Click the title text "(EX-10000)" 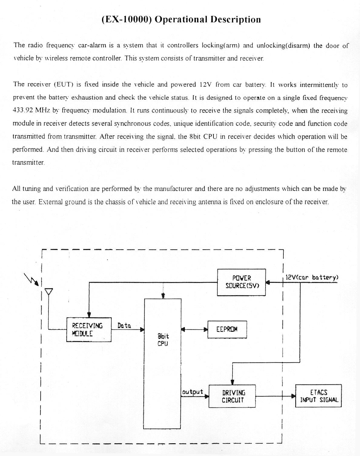(126, 20)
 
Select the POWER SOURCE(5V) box (242, 282)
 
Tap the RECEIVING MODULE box (89, 330)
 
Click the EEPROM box (227, 329)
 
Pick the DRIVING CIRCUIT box (232, 396)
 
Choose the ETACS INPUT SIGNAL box (318, 396)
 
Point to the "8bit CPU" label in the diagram (163, 340)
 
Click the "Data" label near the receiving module (124, 326)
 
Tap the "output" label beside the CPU (193, 392)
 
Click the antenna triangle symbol (48, 291)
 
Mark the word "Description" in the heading (235, 20)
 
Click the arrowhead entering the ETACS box (293, 396)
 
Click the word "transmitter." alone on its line (28, 162)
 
